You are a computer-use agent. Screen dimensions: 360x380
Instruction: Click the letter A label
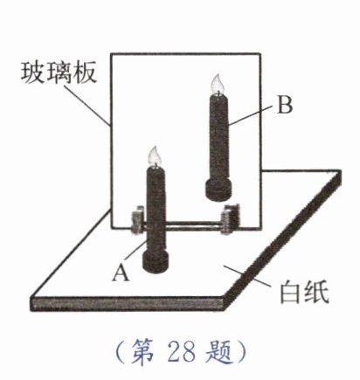click(121, 273)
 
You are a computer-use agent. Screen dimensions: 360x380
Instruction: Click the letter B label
click(285, 105)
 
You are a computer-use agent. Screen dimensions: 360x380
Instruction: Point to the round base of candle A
click(156, 260)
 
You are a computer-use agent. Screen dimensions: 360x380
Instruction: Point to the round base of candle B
click(218, 190)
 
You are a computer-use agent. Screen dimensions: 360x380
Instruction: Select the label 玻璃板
click(59, 73)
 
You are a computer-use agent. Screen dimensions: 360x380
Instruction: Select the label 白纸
click(304, 292)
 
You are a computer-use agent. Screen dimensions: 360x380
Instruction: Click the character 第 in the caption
click(142, 352)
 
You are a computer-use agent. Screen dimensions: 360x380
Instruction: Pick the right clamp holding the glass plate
click(230, 220)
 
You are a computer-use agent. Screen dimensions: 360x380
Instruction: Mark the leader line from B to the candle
click(251, 115)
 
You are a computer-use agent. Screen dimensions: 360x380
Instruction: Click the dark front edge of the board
click(128, 303)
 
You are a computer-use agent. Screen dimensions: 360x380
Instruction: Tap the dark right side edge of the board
click(282, 240)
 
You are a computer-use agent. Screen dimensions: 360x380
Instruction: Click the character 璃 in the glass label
click(59, 73)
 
